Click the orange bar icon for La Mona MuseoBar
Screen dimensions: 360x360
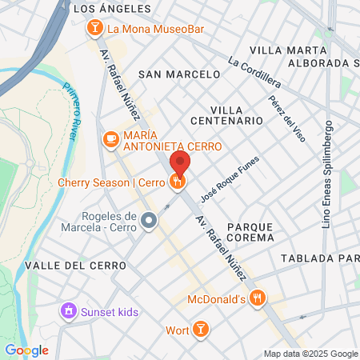coord(94,30)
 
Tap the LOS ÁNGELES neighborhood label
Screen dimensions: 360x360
coord(111,9)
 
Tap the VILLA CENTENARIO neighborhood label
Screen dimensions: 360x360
coord(226,114)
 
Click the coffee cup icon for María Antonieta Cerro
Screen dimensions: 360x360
coord(110,140)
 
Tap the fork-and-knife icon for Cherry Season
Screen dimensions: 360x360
coord(178,182)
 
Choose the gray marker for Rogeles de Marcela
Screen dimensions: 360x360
coord(149,220)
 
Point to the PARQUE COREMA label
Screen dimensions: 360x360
coord(250,232)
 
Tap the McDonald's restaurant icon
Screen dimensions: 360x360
coord(257,298)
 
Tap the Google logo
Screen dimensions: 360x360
coord(26,350)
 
